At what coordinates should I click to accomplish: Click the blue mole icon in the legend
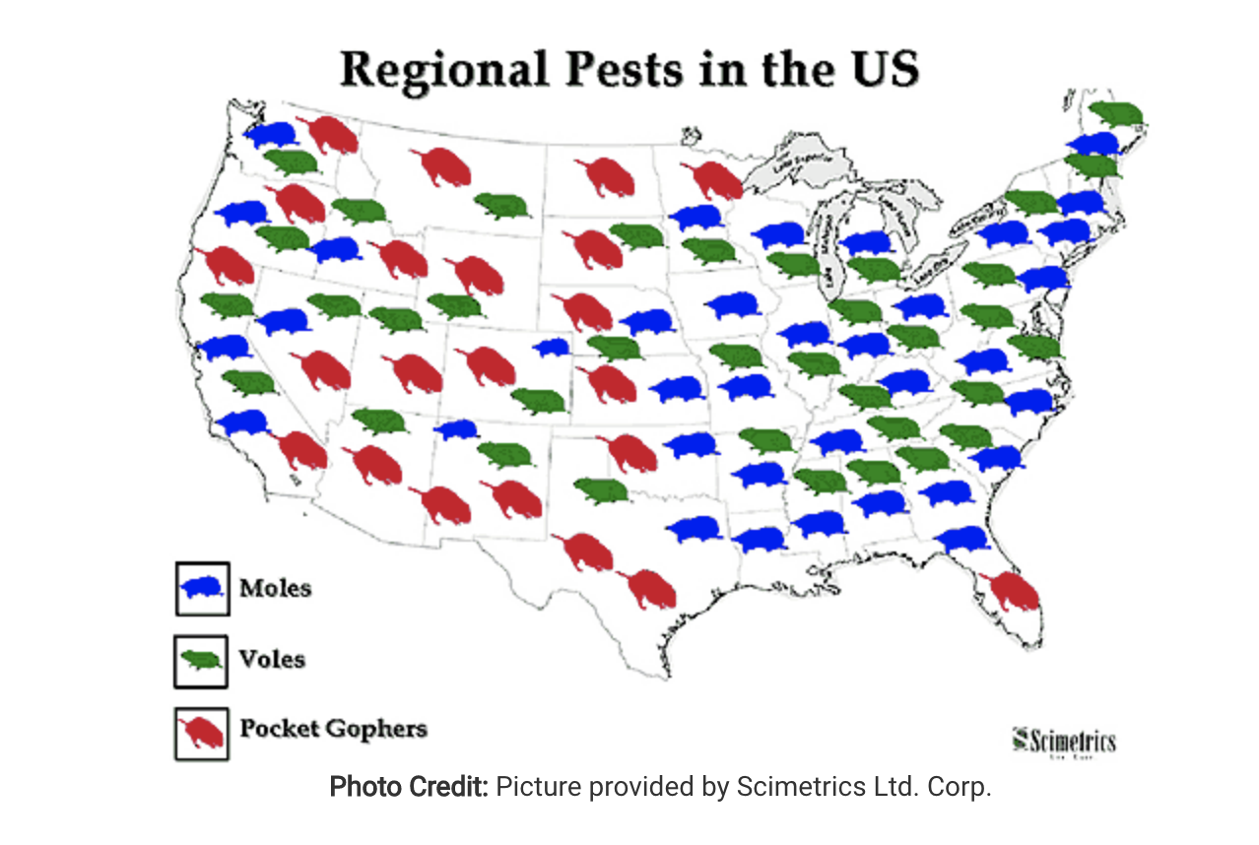click(203, 588)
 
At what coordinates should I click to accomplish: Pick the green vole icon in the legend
click(203, 659)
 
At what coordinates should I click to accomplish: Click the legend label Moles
click(275, 588)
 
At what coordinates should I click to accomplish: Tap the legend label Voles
click(272, 658)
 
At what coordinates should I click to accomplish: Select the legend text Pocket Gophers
click(333, 730)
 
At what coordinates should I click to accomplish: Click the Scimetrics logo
click(1065, 740)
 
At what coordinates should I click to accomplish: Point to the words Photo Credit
click(408, 788)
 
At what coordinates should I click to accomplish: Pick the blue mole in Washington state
click(272, 134)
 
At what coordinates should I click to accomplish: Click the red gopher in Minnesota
click(712, 180)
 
